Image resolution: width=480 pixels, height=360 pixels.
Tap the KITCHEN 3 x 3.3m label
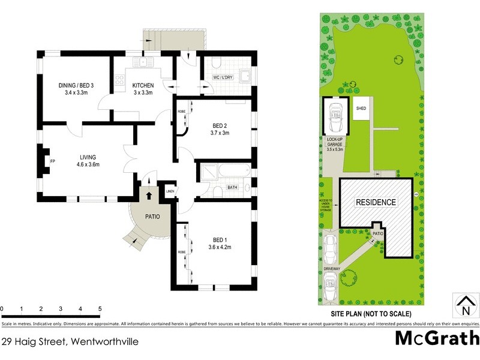point(143,89)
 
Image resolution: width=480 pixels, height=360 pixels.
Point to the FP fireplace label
point(52,161)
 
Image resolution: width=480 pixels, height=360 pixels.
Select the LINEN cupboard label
point(170,191)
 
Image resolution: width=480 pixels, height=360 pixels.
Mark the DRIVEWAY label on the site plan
point(332,269)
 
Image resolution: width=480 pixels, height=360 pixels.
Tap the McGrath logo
point(437,338)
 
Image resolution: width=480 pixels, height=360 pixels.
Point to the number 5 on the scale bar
point(100,309)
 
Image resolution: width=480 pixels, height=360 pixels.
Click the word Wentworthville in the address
point(104,342)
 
